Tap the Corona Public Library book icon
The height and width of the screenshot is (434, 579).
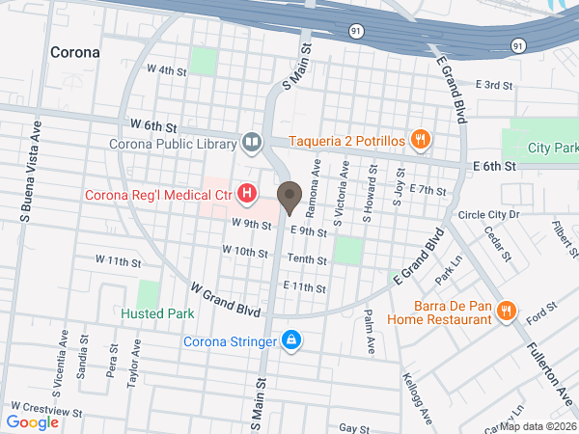pyautogui.click(x=252, y=144)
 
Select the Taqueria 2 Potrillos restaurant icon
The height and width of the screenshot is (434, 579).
pyautogui.click(x=421, y=140)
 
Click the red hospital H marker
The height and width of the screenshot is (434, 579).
pyautogui.click(x=247, y=195)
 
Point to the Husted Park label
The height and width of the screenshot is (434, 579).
pyautogui.click(x=157, y=313)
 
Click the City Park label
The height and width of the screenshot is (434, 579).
pyautogui.click(x=553, y=149)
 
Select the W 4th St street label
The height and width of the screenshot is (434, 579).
pyautogui.click(x=165, y=69)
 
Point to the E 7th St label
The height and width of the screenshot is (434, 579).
pyautogui.click(x=425, y=189)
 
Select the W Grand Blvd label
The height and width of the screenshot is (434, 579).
pyautogui.click(x=226, y=300)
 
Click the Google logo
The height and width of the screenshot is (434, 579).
pyautogui.click(x=32, y=421)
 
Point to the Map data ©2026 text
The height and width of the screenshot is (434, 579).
pyautogui.click(x=538, y=426)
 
